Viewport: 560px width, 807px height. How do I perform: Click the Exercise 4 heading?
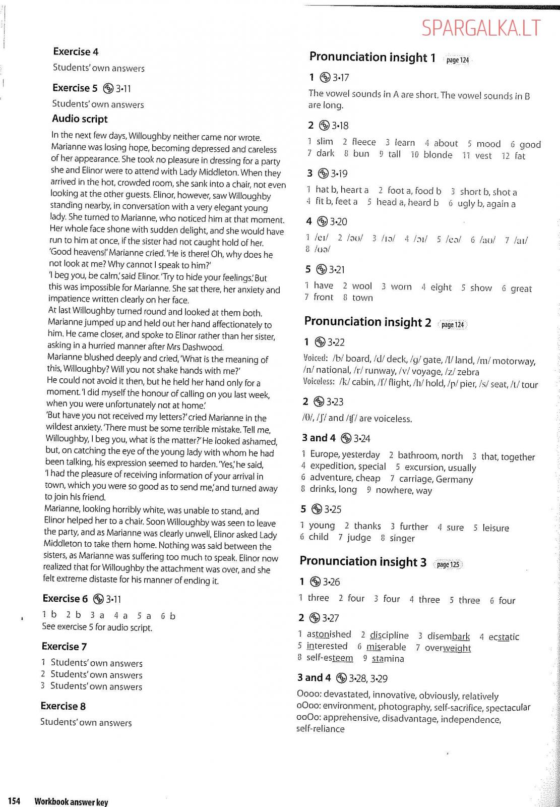pyautogui.click(x=76, y=51)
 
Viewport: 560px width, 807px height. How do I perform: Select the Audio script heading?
pyautogui.click(x=80, y=119)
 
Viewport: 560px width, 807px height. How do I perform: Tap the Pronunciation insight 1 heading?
pyautogui.click(x=372, y=57)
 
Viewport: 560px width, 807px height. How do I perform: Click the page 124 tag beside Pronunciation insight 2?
pyautogui.click(x=452, y=324)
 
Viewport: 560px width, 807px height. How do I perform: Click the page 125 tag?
pyautogui.click(x=448, y=564)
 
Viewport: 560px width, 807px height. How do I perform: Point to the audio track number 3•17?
pyautogui.click(x=341, y=78)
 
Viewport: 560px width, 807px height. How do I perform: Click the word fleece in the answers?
pyautogui.click(x=363, y=142)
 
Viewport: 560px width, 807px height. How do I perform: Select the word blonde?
pyautogui.click(x=438, y=155)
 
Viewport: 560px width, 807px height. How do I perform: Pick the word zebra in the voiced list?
pyautogui.click(x=468, y=372)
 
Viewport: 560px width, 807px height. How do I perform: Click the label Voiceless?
pyautogui.click(x=319, y=382)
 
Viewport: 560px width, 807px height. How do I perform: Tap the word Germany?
pyautogui.click(x=454, y=479)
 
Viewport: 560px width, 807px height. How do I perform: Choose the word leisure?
pyautogui.click(x=495, y=528)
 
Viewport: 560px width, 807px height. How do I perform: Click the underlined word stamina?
pyautogui.click(x=388, y=659)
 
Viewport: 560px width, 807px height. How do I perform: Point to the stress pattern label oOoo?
pyautogui.click(x=308, y=707)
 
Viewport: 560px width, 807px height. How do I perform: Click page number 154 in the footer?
pyautogui.click(x=14, y=801)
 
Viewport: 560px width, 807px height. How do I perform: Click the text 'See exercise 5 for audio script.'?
pyautogui.click(x=97, y=627)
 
